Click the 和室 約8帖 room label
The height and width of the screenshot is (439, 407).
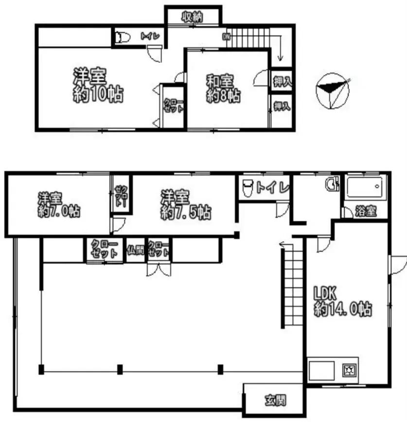(223, 88)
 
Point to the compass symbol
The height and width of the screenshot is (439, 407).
(332, 90)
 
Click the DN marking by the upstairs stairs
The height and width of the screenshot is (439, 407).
(226, 36)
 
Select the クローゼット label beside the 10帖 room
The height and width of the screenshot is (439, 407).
(173, 105)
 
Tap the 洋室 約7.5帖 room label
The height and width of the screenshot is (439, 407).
(186, 205)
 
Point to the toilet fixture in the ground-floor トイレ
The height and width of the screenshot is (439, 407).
(247, 187)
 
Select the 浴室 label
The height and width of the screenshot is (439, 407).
(366, 211)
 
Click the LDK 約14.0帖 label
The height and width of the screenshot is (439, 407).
(343, 301)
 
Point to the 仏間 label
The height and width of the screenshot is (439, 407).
(135, 250)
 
